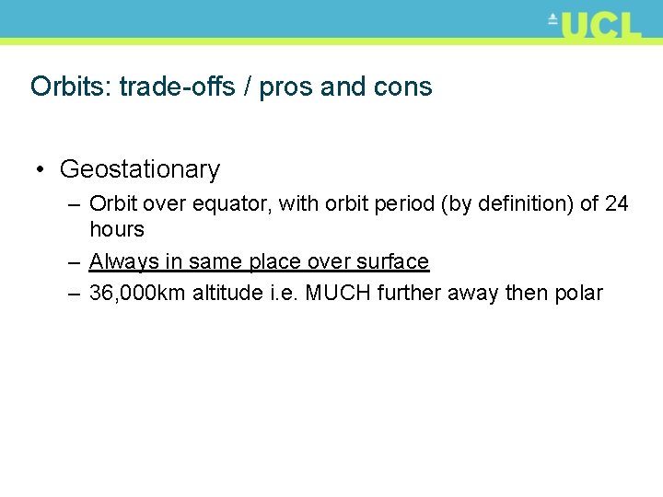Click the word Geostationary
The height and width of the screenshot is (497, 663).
[140, 169]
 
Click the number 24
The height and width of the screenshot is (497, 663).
[617, 204]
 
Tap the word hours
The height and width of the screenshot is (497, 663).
[117, 229]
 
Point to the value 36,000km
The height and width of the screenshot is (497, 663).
[137, 294]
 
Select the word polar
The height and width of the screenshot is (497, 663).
[579, 294]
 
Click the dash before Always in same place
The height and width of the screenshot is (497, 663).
[75, 262]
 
